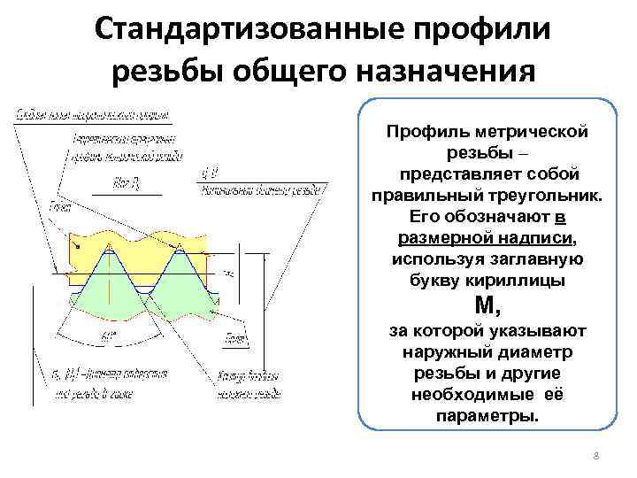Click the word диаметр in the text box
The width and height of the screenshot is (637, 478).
(542, 352)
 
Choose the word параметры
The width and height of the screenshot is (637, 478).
(487, 415)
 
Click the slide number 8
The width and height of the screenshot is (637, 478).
(596, 456)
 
